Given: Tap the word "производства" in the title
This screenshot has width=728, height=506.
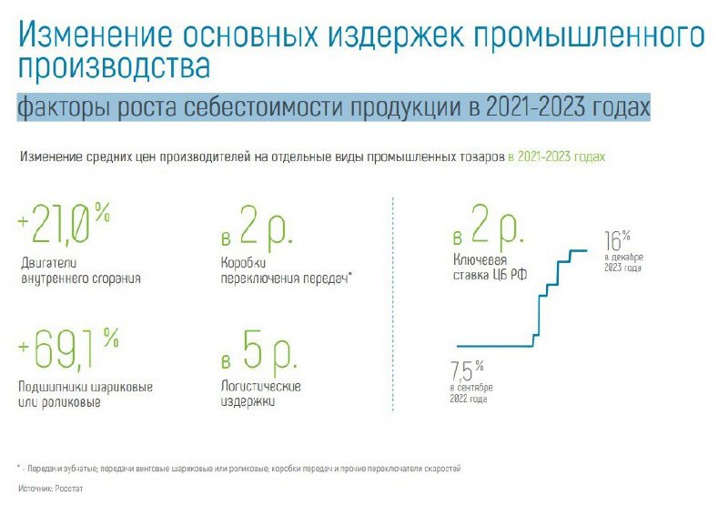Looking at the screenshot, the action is (115, 66).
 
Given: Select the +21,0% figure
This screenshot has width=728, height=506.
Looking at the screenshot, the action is (64, 223).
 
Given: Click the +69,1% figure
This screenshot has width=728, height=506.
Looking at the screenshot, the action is (68, 349).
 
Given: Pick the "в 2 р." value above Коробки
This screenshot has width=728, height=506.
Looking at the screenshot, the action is (257, 226).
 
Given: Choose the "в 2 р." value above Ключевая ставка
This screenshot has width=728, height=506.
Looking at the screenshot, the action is (489, 226).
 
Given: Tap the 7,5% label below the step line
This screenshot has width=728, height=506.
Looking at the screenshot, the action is (467, 370).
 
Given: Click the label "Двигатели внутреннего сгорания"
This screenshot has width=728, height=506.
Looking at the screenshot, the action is (81, 270).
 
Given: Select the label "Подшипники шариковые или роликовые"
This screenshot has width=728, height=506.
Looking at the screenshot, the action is (86, 394).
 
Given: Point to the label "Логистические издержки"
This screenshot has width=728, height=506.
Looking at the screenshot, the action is (260, 394).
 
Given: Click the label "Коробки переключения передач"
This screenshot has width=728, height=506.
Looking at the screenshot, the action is (286, 270).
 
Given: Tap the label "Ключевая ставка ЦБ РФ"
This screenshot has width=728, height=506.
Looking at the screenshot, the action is (490, 267).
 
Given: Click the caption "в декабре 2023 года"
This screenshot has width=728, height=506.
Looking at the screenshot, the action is (623, 262).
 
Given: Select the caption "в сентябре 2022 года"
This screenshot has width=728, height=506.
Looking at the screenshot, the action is (471, 393).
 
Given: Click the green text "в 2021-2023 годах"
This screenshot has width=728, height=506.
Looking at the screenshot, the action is (557, 157).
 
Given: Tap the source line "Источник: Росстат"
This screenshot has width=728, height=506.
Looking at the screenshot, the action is (51, 489).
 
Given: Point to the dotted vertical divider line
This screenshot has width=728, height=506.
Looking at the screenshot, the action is (393, 304).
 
